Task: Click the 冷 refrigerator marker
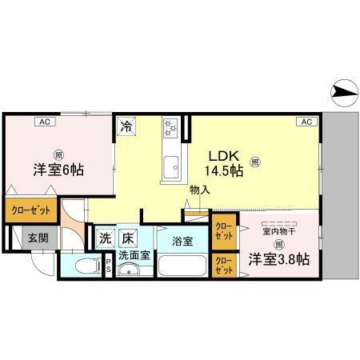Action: tap(126, 125)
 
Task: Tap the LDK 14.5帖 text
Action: tap(226, 163)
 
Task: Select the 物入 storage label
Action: tap(199, 190)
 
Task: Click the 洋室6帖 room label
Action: tap(59, 170)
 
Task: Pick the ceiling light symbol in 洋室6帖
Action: tap(59, 154)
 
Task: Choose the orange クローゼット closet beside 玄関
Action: tap(29, 211)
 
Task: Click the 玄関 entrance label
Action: tap(38, 237)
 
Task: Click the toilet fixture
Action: tap(81, 265)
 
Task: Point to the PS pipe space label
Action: tap(109, 264)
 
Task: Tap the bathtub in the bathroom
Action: tap(182, 266)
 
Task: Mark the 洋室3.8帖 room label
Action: tap(279, 259)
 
